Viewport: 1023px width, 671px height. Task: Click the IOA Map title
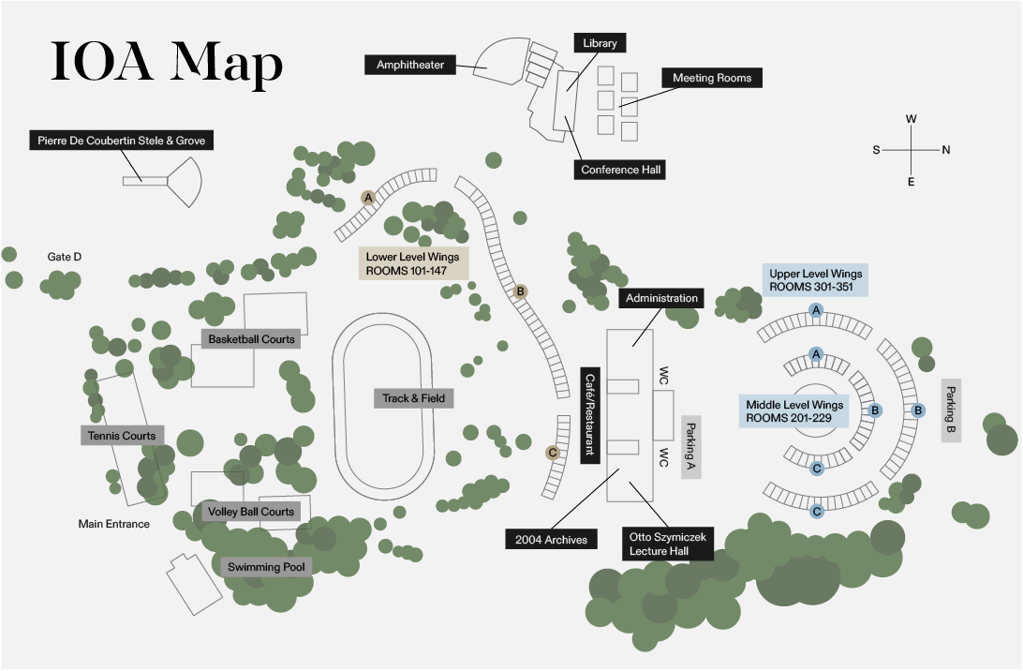[x=167, y=64]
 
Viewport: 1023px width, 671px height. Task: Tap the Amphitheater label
[x=410, y=65]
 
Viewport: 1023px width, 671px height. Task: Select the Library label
[x=599, y=43]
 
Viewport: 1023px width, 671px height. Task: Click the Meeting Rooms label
[x=712, y=78]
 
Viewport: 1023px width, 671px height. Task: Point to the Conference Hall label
[x=622, y=170]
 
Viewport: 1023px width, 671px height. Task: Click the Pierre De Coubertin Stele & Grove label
[x=121, y=141]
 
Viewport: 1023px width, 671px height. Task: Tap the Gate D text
[x=65, y=256]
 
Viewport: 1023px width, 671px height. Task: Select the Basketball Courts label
[x=251, y=339]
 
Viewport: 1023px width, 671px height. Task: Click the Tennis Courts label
[x=122, y=436]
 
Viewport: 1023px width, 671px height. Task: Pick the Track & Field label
[x=414, y=398]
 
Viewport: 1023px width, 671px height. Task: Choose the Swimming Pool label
[x=266, y=567]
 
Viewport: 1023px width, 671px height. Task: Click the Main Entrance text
[x=113, y=524]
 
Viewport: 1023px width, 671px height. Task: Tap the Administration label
[x=662, y=298]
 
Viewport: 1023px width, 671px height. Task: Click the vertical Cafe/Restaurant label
[x=589, y=415]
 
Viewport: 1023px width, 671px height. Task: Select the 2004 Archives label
[x=552, y=539]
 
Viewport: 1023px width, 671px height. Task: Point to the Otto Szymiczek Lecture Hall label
[x=669, y=544]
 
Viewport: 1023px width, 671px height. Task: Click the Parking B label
[x=951, y=410]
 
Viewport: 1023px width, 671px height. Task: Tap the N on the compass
[x=946, y=150]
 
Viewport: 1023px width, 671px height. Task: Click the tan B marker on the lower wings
[x=521, y=291]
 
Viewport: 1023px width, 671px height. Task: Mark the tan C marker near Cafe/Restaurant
[x=553, y=452]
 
